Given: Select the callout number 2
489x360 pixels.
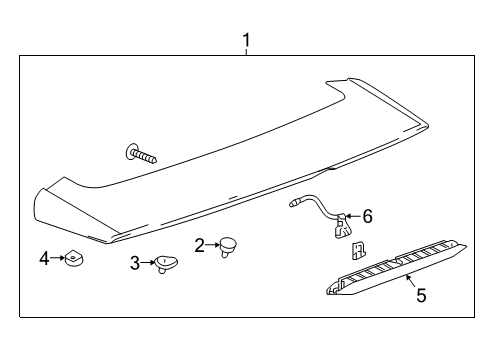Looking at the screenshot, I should point(200,244).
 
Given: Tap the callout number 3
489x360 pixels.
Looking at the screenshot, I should point(135,263).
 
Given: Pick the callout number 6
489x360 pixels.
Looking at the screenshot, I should point(367,215).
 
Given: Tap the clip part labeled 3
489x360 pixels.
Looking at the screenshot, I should point(165,265).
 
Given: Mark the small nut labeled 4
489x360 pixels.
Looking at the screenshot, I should point(74,261).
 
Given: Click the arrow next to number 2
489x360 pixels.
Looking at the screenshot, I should point(214,244).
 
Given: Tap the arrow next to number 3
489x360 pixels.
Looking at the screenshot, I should point(149,263).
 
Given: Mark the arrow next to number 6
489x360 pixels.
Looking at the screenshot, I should point(351,215).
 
